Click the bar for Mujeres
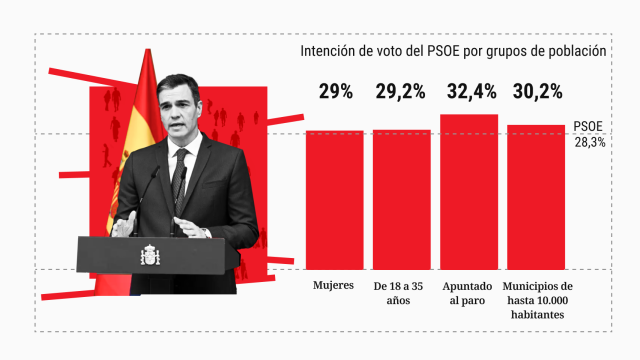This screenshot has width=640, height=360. click(x=335, y=199)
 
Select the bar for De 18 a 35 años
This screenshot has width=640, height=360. click(x=402, y=199)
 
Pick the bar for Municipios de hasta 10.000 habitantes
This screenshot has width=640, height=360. click(x=536, y=196)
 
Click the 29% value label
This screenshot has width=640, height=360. click(x=336, y=92)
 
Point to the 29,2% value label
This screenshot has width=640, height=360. click(x=402, y=92)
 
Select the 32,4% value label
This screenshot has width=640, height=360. click(x=469, y=92)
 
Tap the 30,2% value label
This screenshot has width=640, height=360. click(x=537, y=92)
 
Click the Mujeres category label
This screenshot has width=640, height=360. click(x=334, y=286)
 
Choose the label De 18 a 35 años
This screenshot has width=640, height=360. click(x=402, y=293)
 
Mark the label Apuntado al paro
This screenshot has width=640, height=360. click(x=469, y=293)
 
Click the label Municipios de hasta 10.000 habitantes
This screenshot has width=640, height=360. click(x=536, y=300)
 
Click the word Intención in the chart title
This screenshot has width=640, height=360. click(x=329, y=51)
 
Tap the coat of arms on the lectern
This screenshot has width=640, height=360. click(x=150, y=255)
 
